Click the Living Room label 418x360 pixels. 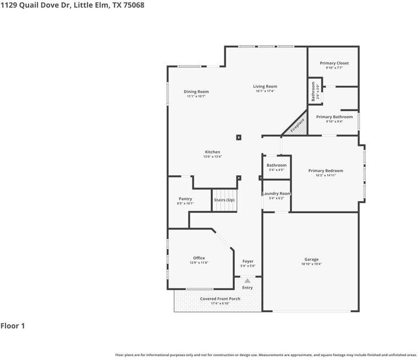point(265,86)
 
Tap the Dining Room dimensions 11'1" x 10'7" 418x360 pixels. point(196,97)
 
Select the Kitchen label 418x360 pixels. point(212,152)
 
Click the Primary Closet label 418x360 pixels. point(334,63)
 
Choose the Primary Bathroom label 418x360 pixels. point(334,117)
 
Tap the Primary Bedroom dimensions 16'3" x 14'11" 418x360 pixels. point(325,176)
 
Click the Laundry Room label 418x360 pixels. point(276,193)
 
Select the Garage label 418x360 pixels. point(311,259)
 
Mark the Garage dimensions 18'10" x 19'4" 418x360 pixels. point(311,264)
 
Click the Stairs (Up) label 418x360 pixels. point(224,200)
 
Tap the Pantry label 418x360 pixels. point(185,199)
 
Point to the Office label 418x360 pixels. point(199,258)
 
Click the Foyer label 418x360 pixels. point(248,261)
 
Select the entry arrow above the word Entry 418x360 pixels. point(248,281)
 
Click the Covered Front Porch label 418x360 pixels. point(220,299)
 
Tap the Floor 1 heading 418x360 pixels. point(13,326)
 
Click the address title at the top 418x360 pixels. point(64,5)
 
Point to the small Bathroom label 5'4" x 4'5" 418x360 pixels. point(276,165)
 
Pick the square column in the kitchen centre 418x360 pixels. point(238,137)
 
